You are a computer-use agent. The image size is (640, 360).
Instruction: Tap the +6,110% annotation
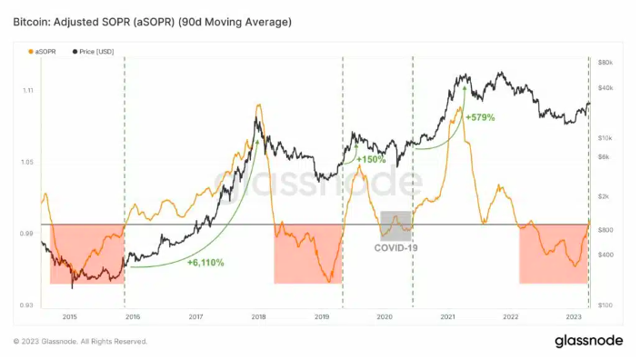[205, 263]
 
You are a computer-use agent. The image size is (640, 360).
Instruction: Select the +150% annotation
[371, 159]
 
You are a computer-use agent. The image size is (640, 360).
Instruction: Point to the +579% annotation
[480, 117]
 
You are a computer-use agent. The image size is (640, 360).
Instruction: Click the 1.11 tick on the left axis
[25, 91]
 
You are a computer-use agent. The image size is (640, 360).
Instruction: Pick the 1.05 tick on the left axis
[25, 163]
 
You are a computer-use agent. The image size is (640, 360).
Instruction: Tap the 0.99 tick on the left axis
[25, 235]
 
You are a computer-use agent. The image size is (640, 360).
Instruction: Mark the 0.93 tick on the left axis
[25, 305]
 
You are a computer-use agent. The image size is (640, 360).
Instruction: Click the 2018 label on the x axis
[258, 317]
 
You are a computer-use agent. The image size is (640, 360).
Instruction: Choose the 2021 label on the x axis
[447, 317]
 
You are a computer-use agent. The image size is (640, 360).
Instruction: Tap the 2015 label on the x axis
[69, 317]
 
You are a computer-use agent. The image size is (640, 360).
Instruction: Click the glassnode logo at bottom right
[588, 341]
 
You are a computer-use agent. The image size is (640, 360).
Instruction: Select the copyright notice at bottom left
[80, 342]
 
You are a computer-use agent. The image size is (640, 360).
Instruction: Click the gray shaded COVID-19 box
[395, 225]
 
